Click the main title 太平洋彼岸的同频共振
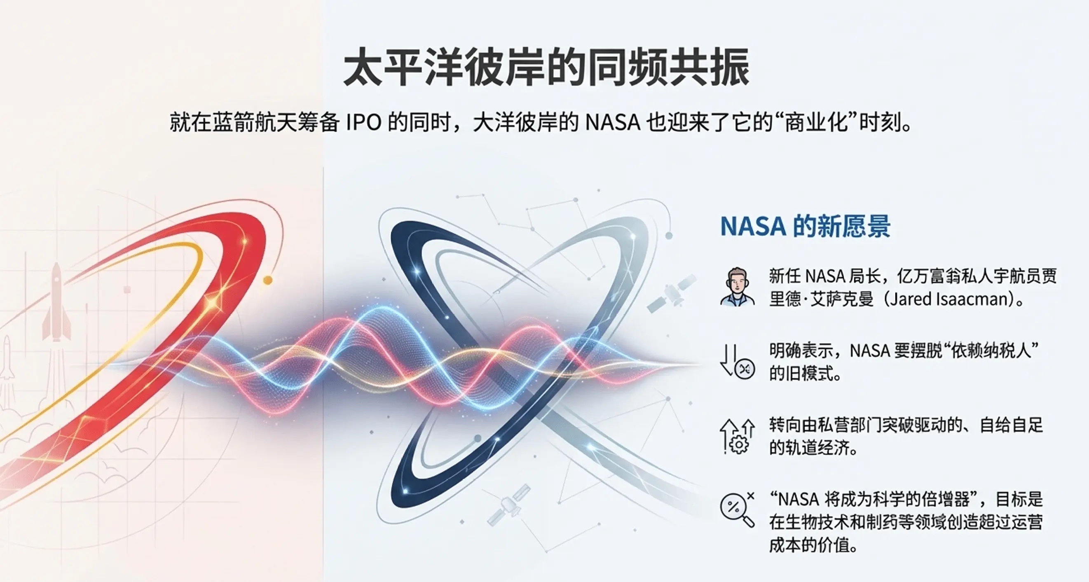(x=546, y=68)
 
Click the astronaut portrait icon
(x=737, y=287)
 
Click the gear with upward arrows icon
(x=737, y=436)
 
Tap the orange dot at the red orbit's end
(x=267, y=280)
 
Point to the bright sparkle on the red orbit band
(x=211, y=303)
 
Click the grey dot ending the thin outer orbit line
(x=669, y=236)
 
